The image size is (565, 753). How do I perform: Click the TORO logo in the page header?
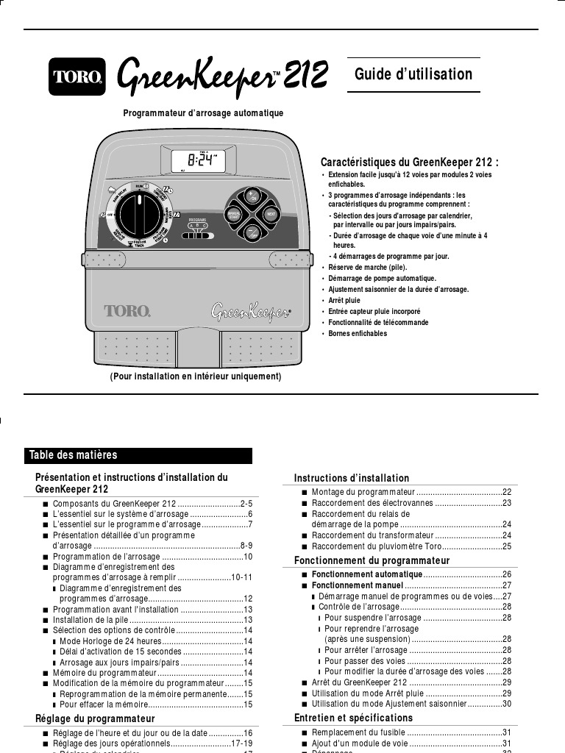77,76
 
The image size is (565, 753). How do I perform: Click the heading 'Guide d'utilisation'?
413,74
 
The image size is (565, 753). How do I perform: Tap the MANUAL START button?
234,215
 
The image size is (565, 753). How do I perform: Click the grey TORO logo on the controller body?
127,311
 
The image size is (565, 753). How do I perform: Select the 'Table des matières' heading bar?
138,455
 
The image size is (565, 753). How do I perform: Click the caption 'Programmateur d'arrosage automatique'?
203,113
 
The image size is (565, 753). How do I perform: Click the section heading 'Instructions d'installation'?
352,479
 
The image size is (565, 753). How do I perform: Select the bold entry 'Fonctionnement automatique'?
367,574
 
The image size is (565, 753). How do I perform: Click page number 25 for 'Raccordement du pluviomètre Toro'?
507,547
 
